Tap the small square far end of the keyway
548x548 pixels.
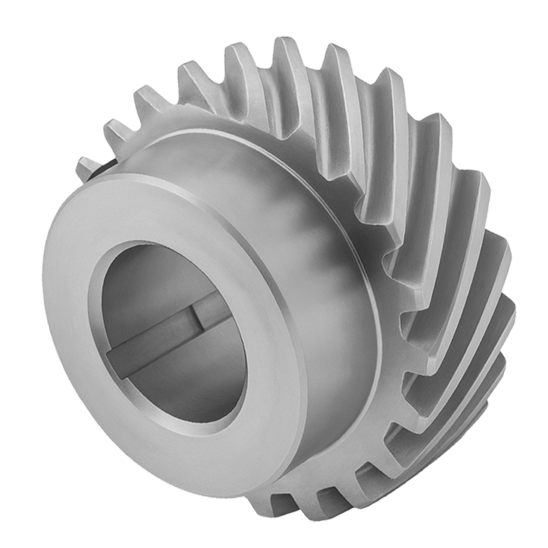point(203,314)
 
